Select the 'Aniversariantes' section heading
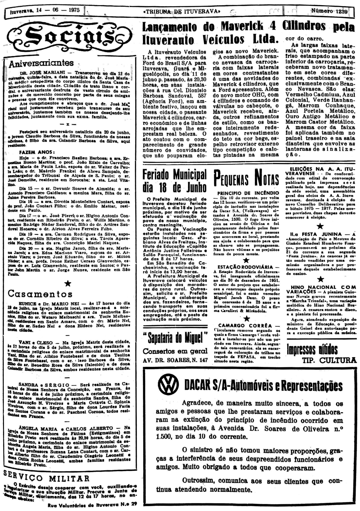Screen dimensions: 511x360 point(41,63)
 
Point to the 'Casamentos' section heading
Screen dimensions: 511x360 point(40,294)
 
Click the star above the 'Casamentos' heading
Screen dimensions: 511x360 point(68,284)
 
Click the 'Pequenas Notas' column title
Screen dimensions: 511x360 point(247,179)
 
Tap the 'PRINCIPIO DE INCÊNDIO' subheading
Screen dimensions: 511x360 point(248,193)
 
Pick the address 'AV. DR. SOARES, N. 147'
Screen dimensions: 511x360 point(175,360)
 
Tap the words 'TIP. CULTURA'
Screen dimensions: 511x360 point(329,360)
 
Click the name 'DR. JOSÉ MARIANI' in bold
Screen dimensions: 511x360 point(38,74)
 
